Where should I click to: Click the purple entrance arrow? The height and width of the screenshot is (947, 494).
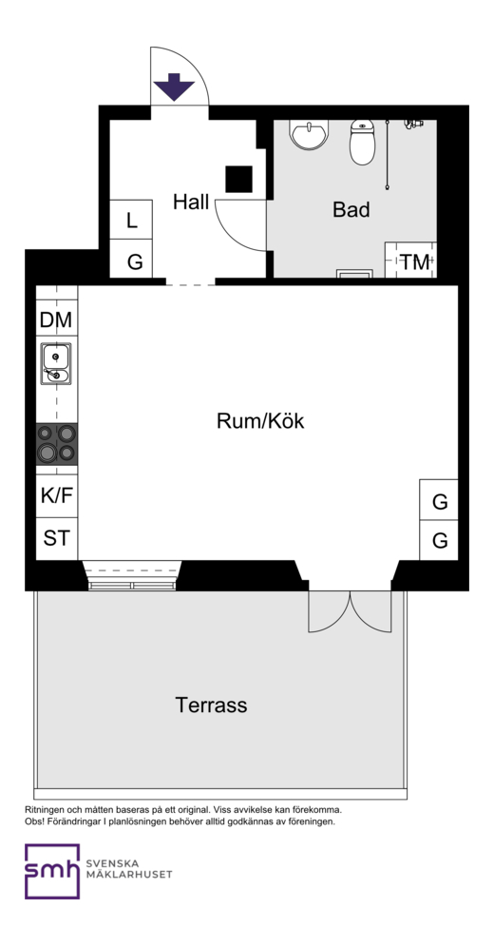coord(174,87)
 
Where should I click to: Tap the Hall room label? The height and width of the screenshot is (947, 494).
coord(191,202)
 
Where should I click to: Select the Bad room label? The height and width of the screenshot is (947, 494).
coord(351,209)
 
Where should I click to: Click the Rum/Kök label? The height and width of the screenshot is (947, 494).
coord(260,420)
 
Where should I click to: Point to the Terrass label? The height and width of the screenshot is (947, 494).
coord(211,705)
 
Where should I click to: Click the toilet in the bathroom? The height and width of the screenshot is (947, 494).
coord(362,142)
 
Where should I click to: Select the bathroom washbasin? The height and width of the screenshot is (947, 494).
coord(310,133)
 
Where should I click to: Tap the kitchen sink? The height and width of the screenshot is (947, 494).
coord(56,363)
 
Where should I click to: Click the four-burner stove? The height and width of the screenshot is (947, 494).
coord(57,444)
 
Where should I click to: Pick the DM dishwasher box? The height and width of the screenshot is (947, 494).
coord(56,319)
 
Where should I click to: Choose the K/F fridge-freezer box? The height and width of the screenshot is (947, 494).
coord(57,496)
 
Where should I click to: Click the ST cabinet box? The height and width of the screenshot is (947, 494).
coord(57,538)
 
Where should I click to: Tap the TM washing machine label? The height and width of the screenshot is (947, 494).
coord(415,262)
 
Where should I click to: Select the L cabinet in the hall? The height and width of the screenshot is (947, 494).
coord(131,220)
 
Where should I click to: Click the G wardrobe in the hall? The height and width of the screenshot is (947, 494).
coord(131,259)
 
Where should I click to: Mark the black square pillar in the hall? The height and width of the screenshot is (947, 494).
coord(238,179)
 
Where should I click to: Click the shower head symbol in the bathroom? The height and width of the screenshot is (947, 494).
coord(413,124)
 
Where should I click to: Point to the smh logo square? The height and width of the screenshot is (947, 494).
coord(52,871)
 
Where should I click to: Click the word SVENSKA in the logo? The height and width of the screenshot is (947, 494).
coord(113,863)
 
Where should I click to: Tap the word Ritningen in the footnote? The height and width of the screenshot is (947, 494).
coord(45,810)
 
